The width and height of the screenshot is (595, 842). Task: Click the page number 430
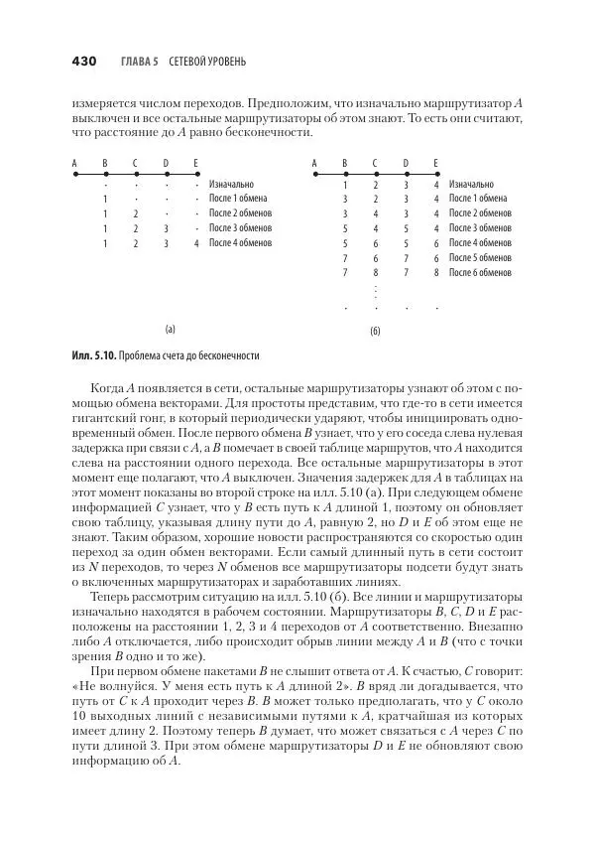tap(82, 62)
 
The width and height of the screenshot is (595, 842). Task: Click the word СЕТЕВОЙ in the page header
tap(192, 63)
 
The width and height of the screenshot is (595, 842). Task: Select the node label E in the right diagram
tap(435, 163)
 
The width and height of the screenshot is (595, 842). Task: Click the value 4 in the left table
tap(197, 242)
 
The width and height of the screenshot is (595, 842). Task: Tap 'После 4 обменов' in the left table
tap(239, 242)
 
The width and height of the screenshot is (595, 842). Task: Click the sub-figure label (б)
tap(375, 330)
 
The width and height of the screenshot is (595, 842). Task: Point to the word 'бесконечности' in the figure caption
tap(228, 354)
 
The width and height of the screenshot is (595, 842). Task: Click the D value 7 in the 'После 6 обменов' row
tap(406, 271)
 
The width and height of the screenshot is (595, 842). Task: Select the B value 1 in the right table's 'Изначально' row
tap(345, 185)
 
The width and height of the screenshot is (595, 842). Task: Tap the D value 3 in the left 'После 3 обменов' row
tap(167, 227)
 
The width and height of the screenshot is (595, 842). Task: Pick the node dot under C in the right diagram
tap(375, 174)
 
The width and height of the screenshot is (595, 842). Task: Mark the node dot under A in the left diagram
tap(74, 174)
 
